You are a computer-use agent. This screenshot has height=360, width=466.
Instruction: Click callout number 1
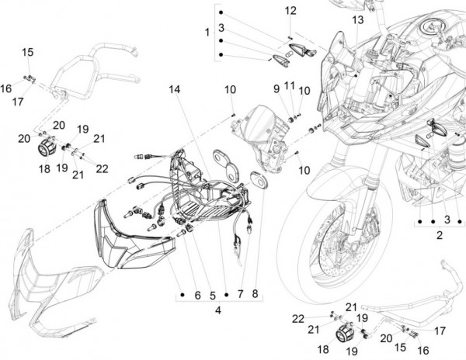pos(207,33)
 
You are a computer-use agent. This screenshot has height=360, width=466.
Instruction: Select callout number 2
pos(440,235)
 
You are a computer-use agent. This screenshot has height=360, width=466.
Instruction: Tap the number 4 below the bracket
pos(218,310)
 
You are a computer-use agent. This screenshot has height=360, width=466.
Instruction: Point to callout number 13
pos(358,20)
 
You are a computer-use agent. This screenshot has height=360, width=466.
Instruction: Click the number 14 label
pos(175,89)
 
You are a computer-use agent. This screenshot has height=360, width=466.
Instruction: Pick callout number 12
pos(290,11)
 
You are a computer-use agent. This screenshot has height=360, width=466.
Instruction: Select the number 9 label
pos(276,88)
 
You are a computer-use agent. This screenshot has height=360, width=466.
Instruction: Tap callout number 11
pos(290,86)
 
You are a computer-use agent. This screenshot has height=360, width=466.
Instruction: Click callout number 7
pos(241,294)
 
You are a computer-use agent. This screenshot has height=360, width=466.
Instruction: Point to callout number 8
pos(255,293)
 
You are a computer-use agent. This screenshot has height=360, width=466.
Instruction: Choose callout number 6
pos(197,296)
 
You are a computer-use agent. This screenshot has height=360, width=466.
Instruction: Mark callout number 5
pos(213,296)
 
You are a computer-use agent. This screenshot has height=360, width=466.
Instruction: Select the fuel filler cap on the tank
pos(433,27)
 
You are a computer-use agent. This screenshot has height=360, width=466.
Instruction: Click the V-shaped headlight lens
pos(134,234)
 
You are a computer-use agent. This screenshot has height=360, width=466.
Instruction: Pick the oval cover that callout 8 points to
pos(259,179)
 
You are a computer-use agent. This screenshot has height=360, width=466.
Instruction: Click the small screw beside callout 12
pos(290,37)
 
